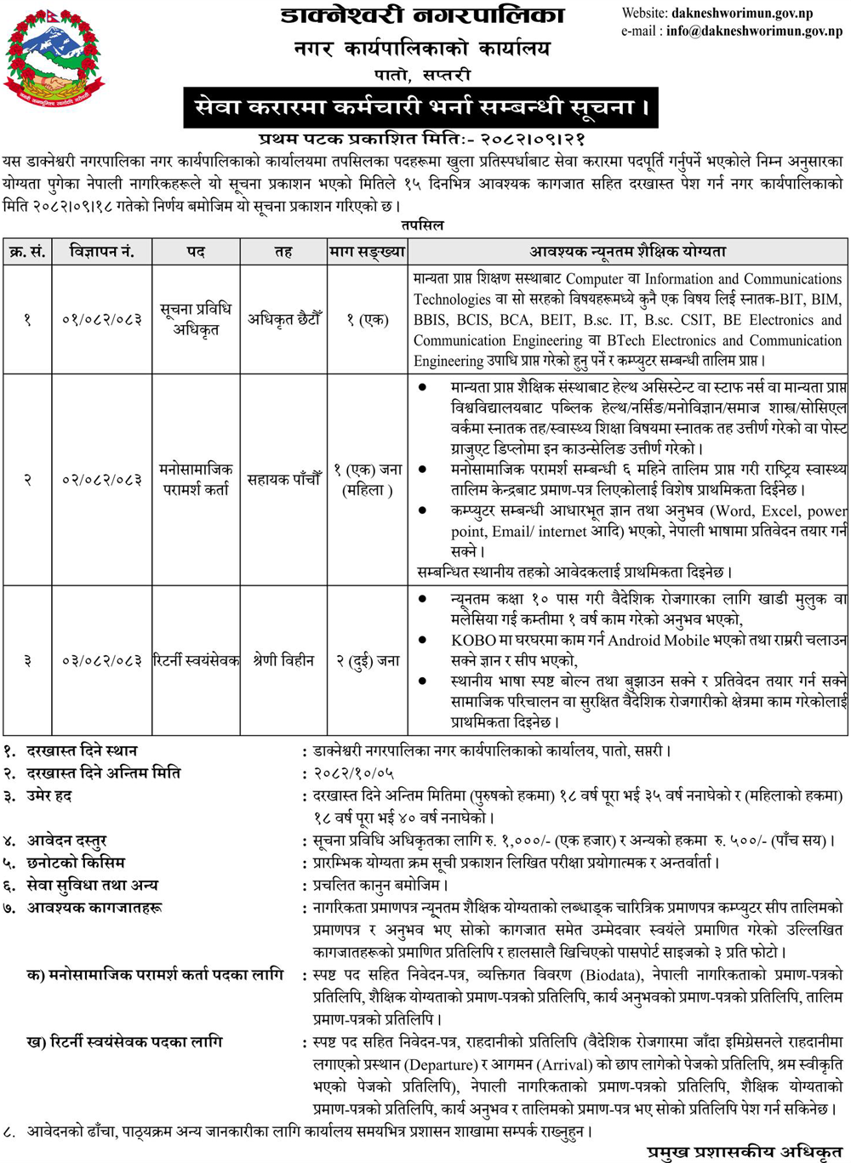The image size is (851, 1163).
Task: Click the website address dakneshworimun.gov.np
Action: [741, 14]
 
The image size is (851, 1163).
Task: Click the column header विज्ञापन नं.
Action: [102, 252]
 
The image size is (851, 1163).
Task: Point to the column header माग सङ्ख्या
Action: [368, 252]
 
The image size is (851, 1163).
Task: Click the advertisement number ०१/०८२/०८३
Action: [102, 320]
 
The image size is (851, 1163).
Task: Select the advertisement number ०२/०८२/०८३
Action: [102, 480]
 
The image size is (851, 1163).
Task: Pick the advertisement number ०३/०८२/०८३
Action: [102, 660]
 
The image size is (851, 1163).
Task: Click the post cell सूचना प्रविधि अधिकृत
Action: [197, 320]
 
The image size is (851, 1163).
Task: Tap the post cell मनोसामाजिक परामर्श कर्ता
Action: [197, 480]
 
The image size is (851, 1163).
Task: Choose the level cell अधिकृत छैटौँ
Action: [284, 320]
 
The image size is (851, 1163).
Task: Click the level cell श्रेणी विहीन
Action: [284, 660]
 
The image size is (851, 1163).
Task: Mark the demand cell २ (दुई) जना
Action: [368, 660]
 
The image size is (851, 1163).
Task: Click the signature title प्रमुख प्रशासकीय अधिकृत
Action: [744, 1152]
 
